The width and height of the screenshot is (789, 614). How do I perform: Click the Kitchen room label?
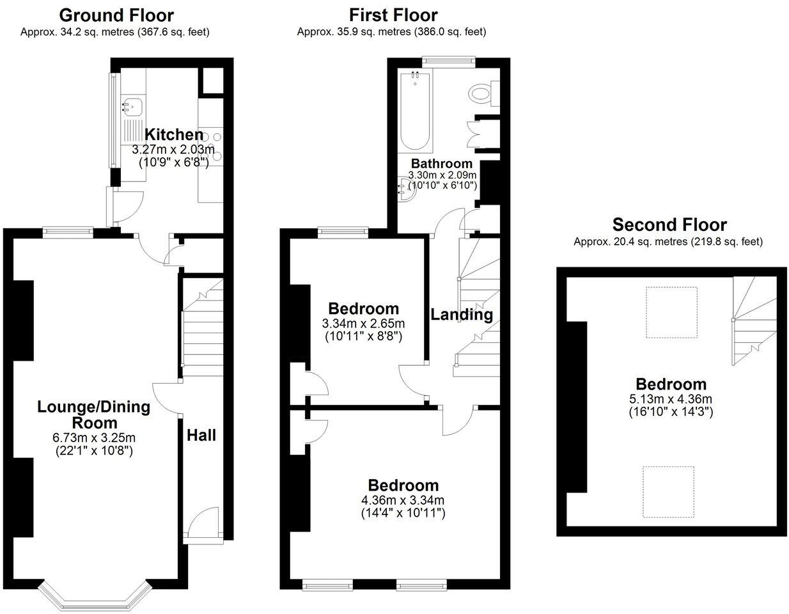tap(174, 135)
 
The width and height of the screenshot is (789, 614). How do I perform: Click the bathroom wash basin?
tap(405, 188)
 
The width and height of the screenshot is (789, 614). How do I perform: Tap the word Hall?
tap(201, 436)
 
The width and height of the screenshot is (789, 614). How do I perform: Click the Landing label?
tap(461, 315)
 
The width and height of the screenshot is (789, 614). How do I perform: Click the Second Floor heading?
tap(669, 225)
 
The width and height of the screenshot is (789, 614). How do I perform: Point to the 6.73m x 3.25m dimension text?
tap(93, 438)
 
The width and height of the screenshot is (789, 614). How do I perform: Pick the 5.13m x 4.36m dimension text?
tap(670, 399)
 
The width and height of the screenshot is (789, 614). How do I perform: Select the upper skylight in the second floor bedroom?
tap(670, 311)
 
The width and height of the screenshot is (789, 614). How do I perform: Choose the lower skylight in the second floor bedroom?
tap(668, 491)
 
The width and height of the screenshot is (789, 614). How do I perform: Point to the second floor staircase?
tap(754, 320)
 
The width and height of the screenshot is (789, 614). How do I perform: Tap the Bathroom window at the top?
tap(448, 61)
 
